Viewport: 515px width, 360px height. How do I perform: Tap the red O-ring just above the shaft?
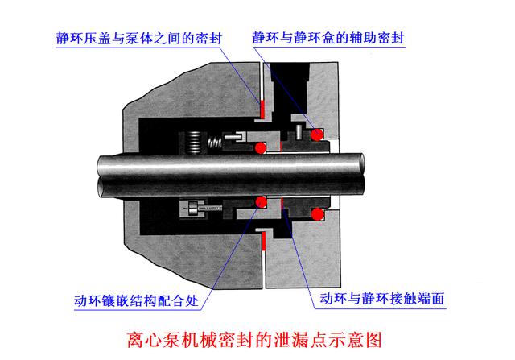pos(260,148)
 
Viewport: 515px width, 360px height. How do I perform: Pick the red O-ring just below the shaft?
pos(260,201)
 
